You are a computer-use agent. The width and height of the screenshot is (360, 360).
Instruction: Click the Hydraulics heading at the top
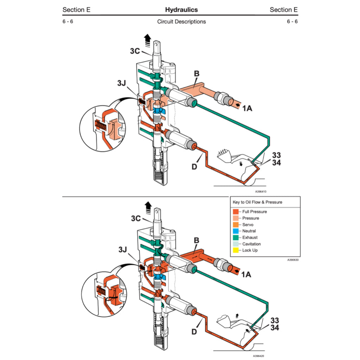tap(181, 9)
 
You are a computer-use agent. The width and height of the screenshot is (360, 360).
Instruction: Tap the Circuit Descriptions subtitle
tap(181, 21)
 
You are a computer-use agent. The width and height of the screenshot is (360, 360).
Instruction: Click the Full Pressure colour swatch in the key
tap(236, 212)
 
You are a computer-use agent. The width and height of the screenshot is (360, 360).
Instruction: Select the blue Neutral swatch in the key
tap(236, 231)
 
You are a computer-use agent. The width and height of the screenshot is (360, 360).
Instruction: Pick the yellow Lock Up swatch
tap(236, 250)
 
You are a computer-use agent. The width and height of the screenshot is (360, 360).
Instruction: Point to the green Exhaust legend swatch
tap(236, 238)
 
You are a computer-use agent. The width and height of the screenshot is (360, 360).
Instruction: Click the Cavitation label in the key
tap(251, 244)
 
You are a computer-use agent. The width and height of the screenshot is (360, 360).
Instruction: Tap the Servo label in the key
tap(247, 225)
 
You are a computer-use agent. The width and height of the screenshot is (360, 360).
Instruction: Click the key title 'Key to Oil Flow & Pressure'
tap(257, 202)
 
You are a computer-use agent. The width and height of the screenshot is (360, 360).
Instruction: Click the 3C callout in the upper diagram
tap(135, 51)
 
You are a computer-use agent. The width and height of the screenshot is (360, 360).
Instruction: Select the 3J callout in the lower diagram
tap(123, 250)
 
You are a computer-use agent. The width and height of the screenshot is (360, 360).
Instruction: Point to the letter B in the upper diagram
tap(197, 74)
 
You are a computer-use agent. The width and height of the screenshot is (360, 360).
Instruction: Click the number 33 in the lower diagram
tap(275, 320)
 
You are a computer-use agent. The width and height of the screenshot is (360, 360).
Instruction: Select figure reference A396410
tap(261, 192)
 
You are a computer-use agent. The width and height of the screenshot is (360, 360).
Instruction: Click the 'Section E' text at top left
tap(76, 9)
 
